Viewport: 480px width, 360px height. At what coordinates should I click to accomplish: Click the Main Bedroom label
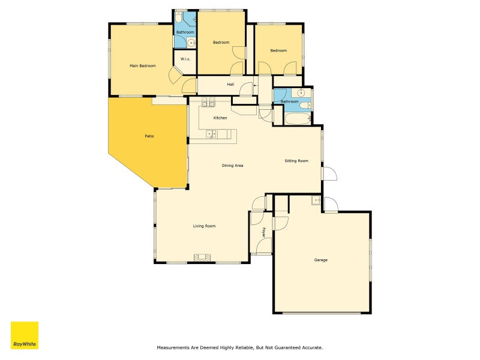(x=143, y=66)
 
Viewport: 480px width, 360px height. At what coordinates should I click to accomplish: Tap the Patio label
(x=149, y=136)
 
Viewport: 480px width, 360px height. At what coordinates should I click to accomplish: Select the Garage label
(x=321, y=260)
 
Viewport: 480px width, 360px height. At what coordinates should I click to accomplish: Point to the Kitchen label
(x=220, y=118)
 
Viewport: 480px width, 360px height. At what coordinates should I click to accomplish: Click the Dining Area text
(x=232, y=166)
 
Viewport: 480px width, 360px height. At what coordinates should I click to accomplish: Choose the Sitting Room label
(x=296, y=161)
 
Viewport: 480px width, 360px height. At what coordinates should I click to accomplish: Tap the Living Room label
(x=204, y=226)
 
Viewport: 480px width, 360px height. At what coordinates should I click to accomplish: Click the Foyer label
(x=263, y=232)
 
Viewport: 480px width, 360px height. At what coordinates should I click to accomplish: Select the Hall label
(x=230, y=85)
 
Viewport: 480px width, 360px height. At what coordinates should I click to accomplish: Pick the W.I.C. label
(x=185, y=59)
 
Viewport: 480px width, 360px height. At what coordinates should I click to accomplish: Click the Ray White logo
(x=25, y=335)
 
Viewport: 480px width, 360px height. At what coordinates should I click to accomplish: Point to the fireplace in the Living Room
(x=202, y=258)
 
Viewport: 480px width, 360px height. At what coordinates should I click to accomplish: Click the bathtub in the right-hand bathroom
(x=298, y=119)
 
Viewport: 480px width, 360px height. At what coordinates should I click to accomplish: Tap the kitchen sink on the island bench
(x=211, y=134)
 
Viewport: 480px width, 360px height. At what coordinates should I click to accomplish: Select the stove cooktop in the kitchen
(x=208, y=102)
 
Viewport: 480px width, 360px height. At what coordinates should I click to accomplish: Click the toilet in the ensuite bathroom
(x=179, y=17)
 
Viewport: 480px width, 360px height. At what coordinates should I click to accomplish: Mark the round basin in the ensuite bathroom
(x=191, y=43)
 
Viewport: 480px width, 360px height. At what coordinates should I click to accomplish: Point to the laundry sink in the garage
(x=316, y=200)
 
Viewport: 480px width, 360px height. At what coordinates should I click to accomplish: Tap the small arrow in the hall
(x=256, y=86)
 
